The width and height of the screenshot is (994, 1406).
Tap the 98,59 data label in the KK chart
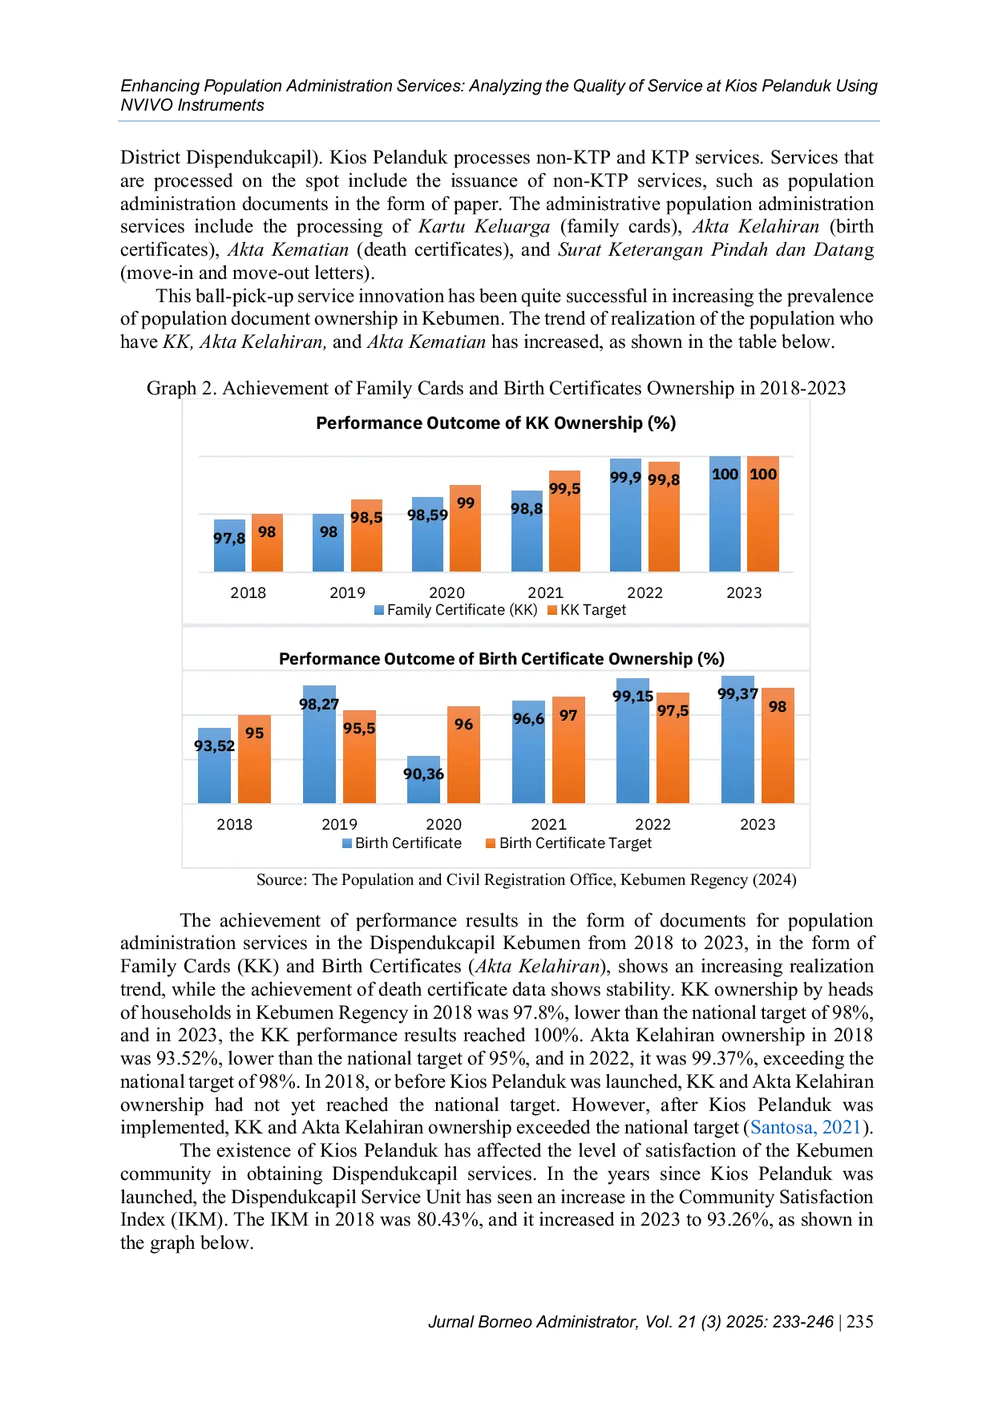pos(427,515)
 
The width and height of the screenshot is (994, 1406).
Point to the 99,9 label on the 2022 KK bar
pos(625,478)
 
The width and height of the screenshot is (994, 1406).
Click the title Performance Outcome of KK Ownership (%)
pos(495,422)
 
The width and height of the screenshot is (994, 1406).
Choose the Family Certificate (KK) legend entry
pos(456,610)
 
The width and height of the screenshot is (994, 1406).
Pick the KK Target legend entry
pos(587,610)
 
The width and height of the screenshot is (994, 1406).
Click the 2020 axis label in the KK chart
pos(446,592)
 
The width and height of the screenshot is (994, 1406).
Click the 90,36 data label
pos(423,774)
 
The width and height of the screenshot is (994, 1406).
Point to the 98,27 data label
pos(319,704)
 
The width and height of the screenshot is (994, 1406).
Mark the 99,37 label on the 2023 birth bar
pos(737,693)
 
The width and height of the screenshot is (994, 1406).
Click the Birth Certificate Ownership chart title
pos(501,659)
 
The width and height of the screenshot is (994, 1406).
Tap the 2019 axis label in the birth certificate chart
pos(339,824)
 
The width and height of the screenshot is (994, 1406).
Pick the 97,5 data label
pos(673,710)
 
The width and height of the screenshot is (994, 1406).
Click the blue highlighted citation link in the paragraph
pos(804,1127)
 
